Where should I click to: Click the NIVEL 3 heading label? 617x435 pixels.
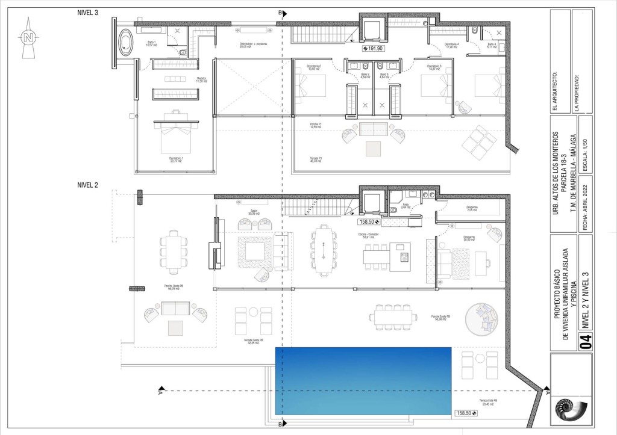[x=88, y=12]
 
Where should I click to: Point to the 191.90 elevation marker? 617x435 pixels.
[x=372, y=48]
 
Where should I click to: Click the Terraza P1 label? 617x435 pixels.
[x=316, y=159]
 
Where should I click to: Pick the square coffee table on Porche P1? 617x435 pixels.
[x=373, y=148]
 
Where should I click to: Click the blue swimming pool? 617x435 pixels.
[x=363, y=380]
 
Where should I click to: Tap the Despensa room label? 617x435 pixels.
[x=471, y=209]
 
